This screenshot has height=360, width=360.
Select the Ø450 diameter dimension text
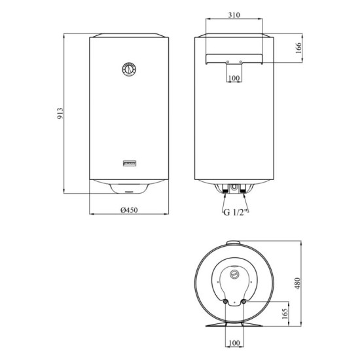pyautogui.click(x=128, y=219)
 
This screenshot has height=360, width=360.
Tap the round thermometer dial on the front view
pyautogui.click(x=130, y=68)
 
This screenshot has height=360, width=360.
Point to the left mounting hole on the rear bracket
pyautogui.click(x=226, y=62)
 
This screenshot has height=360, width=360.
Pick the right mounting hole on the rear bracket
pyautogui.click(x=241, y=62)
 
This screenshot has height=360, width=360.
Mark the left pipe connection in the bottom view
pyautogui.click(x=226, y=302)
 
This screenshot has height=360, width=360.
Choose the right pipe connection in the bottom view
pyautogui.click(x=242, y=302)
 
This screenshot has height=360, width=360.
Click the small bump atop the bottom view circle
pyautogui.click(x=234, y=243)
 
